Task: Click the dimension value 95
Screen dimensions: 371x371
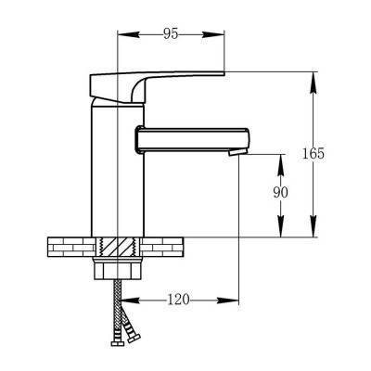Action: pyautogui.click(x=171, y=34)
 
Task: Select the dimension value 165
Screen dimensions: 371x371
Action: pyautogui.click(x=313, y=153)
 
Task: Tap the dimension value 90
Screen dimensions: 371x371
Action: pyautogui.click(x=280, y=193)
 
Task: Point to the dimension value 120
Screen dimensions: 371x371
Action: pyautogui.click(x=178, y=300)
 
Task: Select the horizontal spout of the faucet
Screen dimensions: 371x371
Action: pyautogui.click(x=192, y=140)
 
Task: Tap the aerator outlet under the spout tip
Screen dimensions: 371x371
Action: pyautogui.click(x=237, y=152)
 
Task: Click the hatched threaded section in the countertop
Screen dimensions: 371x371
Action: pyautogui.click(x=118, y=247)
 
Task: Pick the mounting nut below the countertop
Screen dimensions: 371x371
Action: pyautogui.click(x=118, y=268)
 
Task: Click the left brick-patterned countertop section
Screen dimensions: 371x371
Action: pyautogui.click(x=71, y=247)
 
